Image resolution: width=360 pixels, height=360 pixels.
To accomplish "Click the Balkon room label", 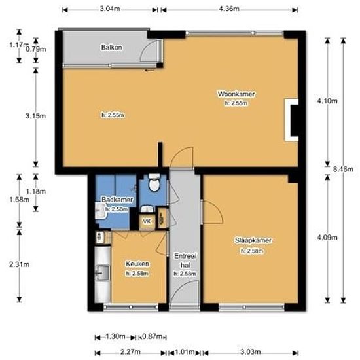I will (109, 48).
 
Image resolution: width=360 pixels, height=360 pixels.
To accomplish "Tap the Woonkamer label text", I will (236, 95).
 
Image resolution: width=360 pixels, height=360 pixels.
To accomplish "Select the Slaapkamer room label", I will (253, 241).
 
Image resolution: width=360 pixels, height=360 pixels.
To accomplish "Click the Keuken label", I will (137, 264).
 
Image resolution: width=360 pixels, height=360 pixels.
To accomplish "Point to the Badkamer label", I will (117, 200).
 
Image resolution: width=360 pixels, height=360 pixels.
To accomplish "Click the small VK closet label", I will (147, 222).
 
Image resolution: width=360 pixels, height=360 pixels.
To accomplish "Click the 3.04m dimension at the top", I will (110, 9).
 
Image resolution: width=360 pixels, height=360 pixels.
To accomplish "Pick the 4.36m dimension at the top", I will (229, 9).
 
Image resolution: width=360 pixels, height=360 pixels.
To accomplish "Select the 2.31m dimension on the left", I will (20, 264).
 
